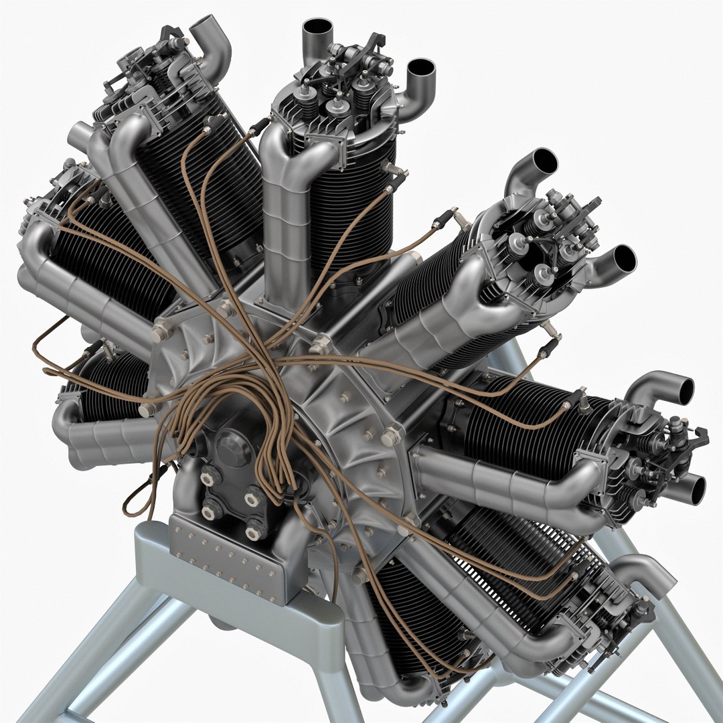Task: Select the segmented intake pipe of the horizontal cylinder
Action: click(x=509, y=482)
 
